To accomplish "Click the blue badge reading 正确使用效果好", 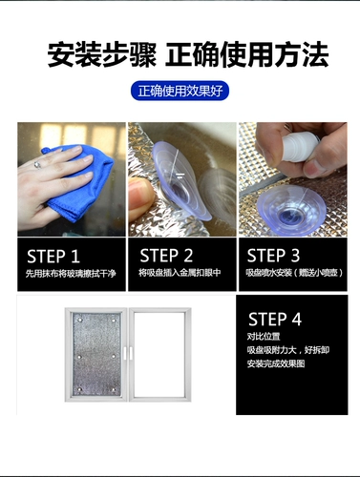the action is point(180,91).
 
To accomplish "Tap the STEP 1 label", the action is point(53,257).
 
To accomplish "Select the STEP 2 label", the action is point(166,256).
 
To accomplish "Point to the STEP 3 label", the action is point(273,256).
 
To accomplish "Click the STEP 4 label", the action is point(275,320).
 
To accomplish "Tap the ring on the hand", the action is point(37,165).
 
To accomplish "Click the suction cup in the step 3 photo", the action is point(289,210).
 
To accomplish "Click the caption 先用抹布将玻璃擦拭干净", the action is point(71,274).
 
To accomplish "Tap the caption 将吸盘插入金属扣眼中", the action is point(180,273).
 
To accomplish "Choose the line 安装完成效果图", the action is point(276,363).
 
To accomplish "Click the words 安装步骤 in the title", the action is point(102,54).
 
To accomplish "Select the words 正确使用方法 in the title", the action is point(247,54).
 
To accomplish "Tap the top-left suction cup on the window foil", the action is point(80,320).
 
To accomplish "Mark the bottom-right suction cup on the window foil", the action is point(114,389).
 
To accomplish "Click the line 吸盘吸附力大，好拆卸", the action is point(288,350).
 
